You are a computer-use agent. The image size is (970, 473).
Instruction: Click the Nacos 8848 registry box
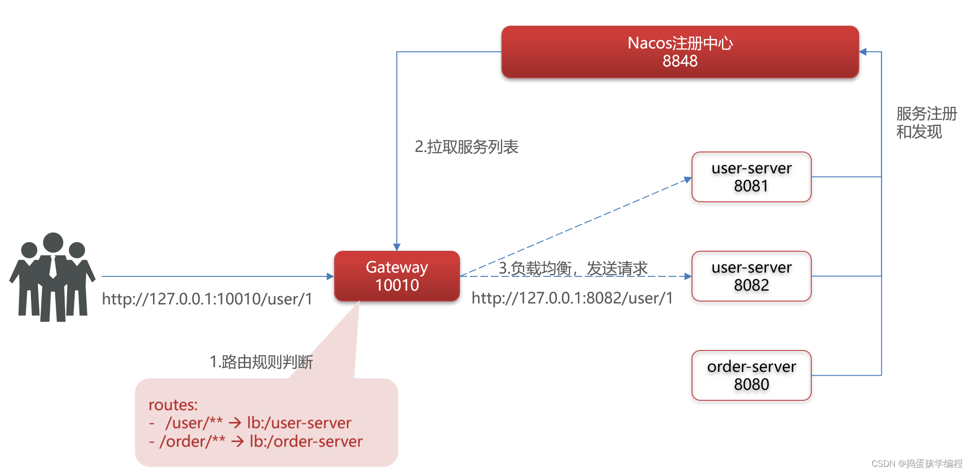pyautogui.click(x=680, y=52)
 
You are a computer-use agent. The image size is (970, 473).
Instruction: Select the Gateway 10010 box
pyautogui.click(x=397, y=276)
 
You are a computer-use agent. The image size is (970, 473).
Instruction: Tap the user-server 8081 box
pyautogui.click(x=751, y=177)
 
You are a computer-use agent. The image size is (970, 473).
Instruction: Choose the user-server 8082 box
pyautogui.click(x=751, y=276)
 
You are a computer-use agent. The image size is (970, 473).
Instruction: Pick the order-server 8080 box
pyautogui.click(x=751, y=375)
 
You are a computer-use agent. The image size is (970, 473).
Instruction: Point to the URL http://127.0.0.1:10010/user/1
pyautogui.click(x=207, y=299)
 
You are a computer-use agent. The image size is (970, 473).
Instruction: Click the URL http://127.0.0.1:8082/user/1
pyautogui.click(x=572, y=298)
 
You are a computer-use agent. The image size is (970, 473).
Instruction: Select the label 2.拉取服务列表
pyautogui.click(x=466, y=147)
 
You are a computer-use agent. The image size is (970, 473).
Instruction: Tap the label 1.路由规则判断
pyautogui.click(x=261, y=362)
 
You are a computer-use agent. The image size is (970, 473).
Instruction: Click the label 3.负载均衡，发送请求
pyautogui.click(x=573, y=268)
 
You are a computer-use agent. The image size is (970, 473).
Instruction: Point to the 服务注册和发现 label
pyautogui.click(x=926, y=123)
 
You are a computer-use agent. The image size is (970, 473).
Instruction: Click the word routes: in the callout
pyautogui.click(x=173, y=405)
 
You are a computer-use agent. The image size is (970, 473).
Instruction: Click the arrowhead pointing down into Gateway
pyautogui.click(x=397, y=247)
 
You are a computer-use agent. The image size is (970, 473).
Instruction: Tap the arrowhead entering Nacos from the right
pyautogui.click(x=863, y=52)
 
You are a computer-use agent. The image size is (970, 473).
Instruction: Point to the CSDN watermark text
pyautogui.click(x=916, y=464)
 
